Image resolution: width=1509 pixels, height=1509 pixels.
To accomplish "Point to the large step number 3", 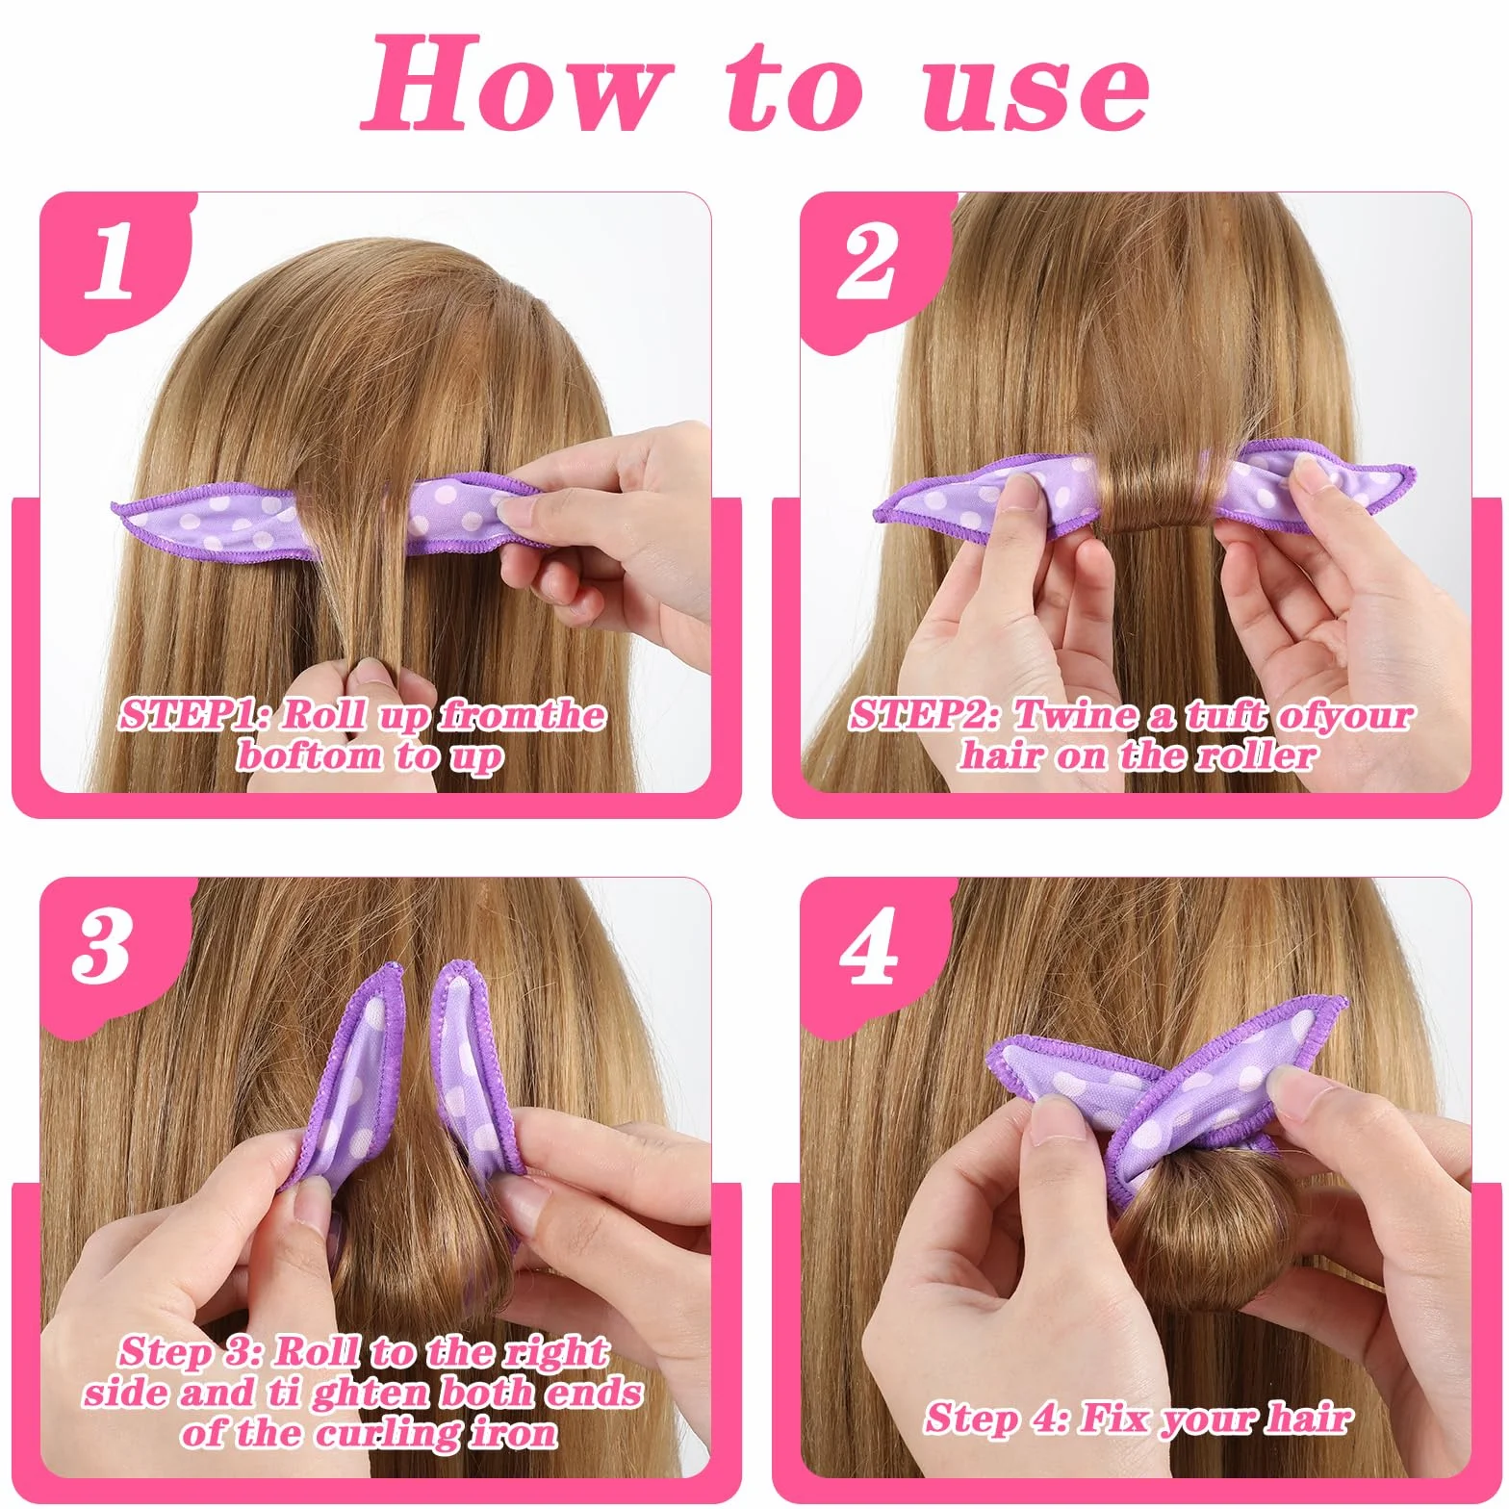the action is click(102, 946).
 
